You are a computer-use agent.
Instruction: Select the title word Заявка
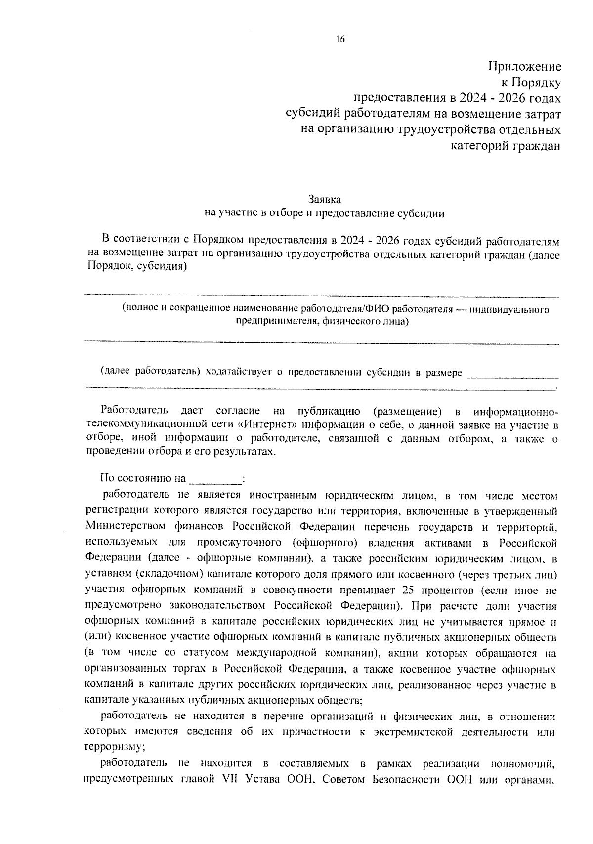click(x=325, y=200)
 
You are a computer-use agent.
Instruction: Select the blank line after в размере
click(x=512, y=374)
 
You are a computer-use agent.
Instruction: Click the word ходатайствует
click(x=238, y=373)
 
